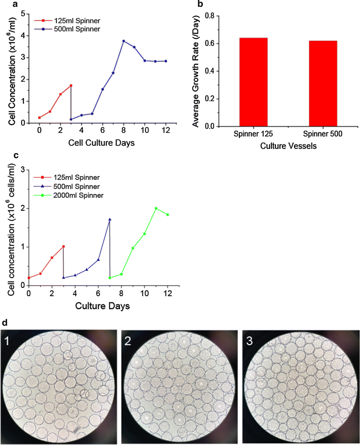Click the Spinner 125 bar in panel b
tap(254, 82)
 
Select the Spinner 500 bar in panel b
tap(323, 83)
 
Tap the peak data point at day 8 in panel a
tap(124, 41)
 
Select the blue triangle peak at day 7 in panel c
tap(110, 220)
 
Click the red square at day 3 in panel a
tap(71, 86)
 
